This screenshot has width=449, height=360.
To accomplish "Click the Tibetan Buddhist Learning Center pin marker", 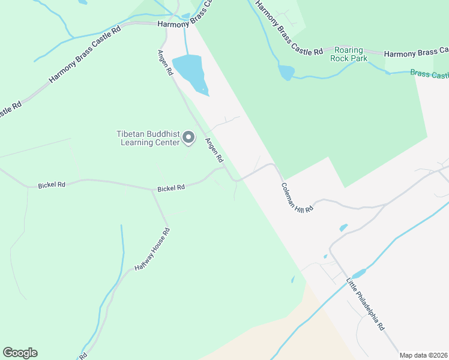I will [188, 138].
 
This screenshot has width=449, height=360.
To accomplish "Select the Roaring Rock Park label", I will [349, 54].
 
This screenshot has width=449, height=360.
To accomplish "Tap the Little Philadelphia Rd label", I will [365, 304].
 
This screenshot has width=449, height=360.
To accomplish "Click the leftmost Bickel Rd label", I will [51, 185].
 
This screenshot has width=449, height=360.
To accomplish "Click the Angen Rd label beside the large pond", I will [166, 62].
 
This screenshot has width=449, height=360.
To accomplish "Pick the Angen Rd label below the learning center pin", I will [214, 151].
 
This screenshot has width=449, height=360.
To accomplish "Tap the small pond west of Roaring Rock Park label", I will [286, 73].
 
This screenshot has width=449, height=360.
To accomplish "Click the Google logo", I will [20, 353].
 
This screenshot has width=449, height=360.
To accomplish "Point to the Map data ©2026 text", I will [423, 355].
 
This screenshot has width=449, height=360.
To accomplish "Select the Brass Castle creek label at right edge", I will [430, 74].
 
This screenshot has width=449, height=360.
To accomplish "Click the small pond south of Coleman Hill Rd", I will [343, 228].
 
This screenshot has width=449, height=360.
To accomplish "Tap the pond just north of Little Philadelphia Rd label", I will [359, 274].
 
